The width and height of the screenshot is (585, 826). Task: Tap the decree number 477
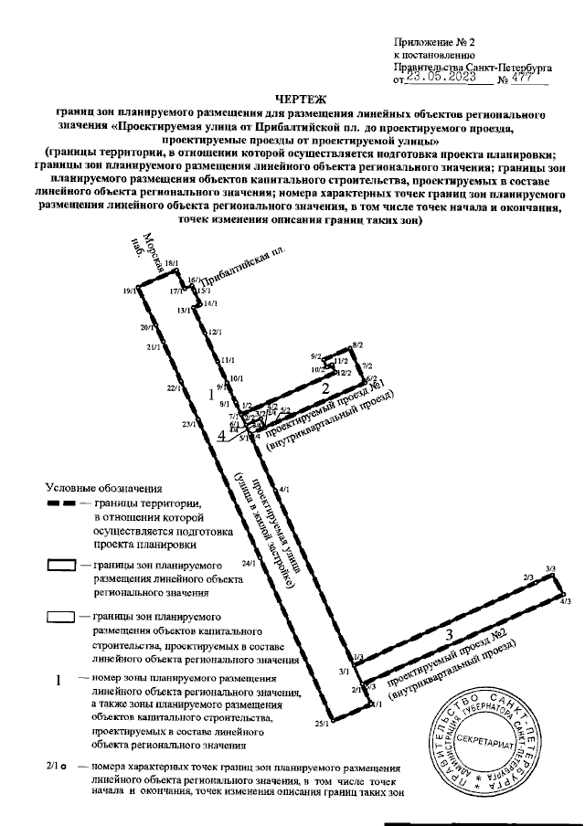(521, 79)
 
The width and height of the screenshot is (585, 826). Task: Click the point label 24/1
(249, 564)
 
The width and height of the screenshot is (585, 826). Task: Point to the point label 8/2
(357, 345)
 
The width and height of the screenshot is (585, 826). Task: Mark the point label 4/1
(284, 490)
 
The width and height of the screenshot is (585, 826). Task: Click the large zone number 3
(448, 635)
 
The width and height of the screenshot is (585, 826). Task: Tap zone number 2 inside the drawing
(324, 388)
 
